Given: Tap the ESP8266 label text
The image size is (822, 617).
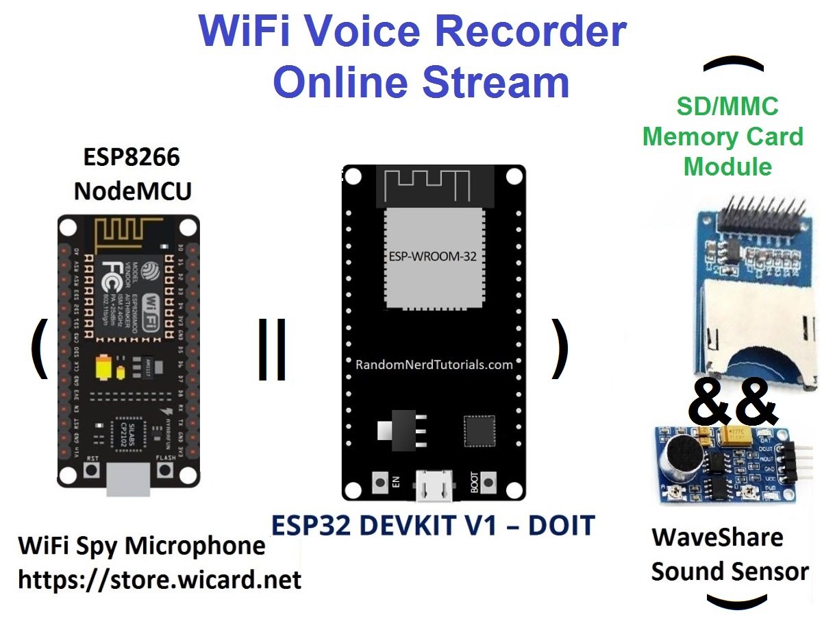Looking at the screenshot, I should click(x=132, y=158).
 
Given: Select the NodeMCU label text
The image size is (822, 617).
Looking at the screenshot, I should click(x=132, y=191).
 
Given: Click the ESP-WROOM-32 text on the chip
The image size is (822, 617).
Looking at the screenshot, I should click(x=433, y=256).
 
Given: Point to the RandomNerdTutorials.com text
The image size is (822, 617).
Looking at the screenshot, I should click(x=434, y=365).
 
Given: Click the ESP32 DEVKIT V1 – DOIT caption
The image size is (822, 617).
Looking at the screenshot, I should click(x=433, y=526).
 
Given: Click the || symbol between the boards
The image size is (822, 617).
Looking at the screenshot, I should click(x=271, y=349).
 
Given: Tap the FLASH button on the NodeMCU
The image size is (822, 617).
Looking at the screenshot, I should click(x=165, y=471).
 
